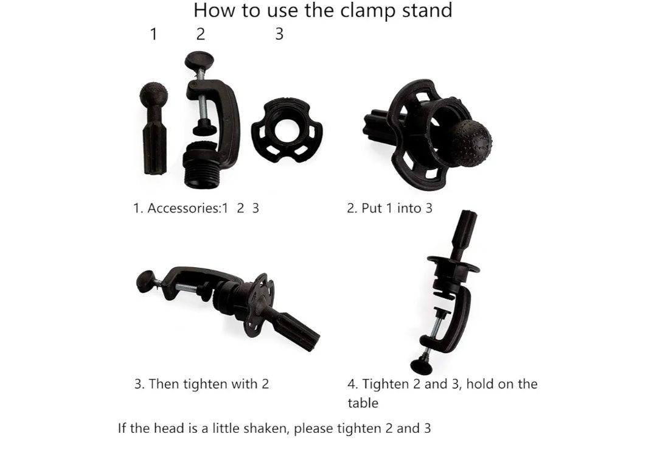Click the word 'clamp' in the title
pos(367,10)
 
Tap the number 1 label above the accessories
pos(153,34)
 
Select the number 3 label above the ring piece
pos(279,34)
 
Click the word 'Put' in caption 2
pos(372,208)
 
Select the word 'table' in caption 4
pos(363,404)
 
